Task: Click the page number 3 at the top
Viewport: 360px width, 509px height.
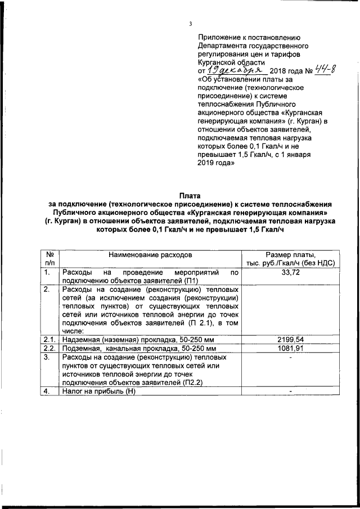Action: (191, 24)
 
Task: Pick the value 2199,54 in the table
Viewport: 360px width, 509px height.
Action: (291, 340)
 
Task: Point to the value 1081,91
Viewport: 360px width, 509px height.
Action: (291, 348)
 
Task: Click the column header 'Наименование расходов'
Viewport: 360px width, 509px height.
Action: (150, 255)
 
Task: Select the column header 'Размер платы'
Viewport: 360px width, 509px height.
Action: (291, 255)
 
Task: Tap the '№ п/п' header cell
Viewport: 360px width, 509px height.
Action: (49, 259)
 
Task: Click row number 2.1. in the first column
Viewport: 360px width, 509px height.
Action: (49, 340)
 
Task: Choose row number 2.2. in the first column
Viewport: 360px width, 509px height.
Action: (49, 348)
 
